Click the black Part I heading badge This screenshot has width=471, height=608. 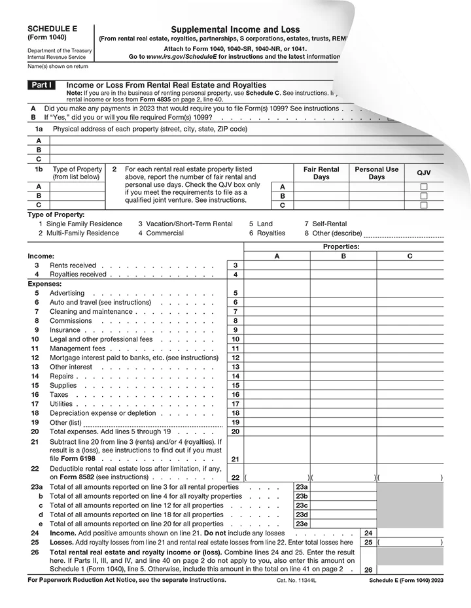41,85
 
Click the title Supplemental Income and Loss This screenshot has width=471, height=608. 235,29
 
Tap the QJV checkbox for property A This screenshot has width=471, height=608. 423,187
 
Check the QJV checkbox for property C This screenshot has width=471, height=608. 423,205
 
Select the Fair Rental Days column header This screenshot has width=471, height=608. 321,173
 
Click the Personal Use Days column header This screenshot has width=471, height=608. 376,173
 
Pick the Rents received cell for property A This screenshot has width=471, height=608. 277,265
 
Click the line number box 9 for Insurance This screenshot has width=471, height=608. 235,330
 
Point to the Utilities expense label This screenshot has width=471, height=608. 62,404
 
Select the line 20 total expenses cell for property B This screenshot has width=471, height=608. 343,431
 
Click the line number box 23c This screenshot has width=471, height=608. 302,505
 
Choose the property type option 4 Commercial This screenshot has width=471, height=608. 160,233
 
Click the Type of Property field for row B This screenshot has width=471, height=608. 77,195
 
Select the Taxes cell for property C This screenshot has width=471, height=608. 410,395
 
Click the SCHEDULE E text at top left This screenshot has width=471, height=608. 51,29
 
